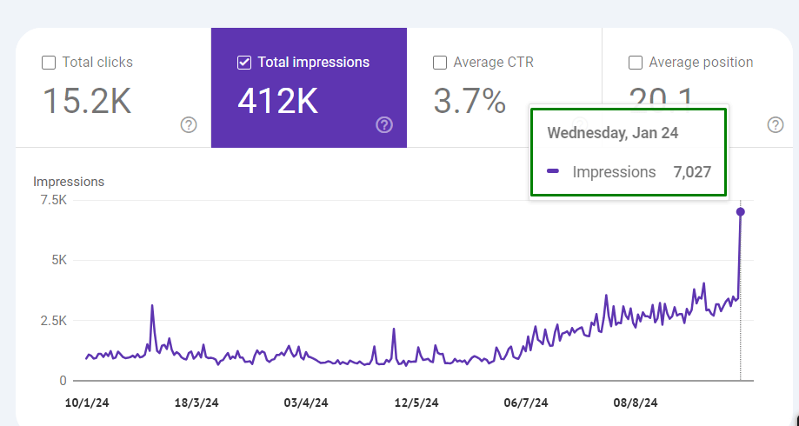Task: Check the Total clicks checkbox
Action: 49,63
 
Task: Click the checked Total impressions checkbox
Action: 244,63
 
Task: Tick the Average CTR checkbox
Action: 440,63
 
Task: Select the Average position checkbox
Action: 636,63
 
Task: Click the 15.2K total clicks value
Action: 87,102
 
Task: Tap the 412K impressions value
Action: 277,102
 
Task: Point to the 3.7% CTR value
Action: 469,102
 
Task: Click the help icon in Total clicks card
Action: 189,125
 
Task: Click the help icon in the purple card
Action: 384,125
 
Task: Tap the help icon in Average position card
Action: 776,125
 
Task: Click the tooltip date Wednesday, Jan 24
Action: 611,133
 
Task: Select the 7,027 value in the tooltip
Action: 692,172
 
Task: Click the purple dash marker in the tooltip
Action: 553,172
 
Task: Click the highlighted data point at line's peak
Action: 741,211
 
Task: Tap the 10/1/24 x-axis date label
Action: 88,403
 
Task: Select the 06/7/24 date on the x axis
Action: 526,403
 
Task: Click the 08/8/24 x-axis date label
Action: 636,403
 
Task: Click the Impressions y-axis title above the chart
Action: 69,182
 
